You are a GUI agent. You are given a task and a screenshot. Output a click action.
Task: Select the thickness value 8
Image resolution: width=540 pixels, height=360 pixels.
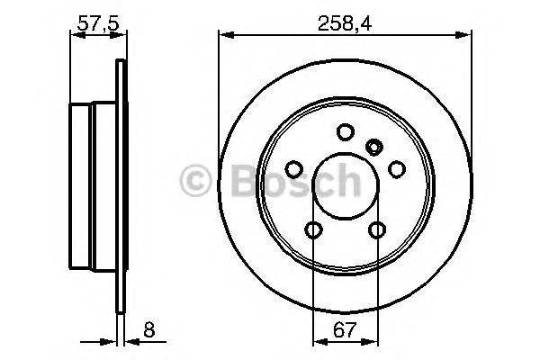(148, 330)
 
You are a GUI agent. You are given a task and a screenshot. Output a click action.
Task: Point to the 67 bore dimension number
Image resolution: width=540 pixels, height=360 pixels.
(345, 330)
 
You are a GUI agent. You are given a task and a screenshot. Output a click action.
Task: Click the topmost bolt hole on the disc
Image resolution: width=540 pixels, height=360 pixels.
(345, 132)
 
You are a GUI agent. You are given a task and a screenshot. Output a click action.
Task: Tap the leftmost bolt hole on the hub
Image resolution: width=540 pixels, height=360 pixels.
(294, 169)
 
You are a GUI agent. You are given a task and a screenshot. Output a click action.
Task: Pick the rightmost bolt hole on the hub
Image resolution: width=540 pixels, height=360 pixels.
(395, 169)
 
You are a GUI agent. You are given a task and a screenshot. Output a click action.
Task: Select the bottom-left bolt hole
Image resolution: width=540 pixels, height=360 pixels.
(313, 229)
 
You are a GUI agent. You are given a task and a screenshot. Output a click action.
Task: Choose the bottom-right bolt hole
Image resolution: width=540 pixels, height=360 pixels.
(376, 229)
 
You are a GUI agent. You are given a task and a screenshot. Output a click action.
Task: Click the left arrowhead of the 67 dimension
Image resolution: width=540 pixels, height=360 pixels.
(318, 342)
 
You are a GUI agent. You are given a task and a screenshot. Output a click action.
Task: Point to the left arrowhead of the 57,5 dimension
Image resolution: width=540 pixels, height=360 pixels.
(74, 34)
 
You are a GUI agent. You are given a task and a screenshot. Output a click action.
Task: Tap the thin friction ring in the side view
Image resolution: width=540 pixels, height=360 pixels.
(121, 189)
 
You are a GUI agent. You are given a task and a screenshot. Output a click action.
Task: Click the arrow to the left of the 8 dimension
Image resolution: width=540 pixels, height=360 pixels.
(111, 342)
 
